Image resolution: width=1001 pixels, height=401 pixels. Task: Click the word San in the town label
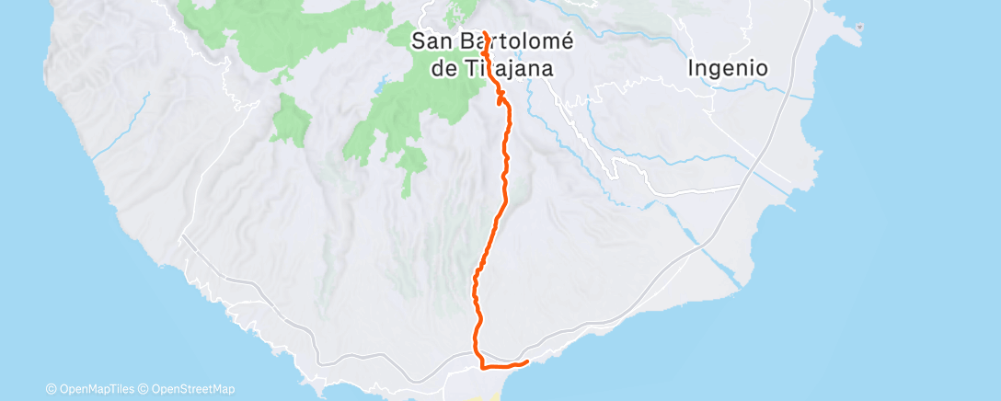[431, 40]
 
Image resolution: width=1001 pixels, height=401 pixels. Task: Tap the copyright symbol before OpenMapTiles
[51, 389]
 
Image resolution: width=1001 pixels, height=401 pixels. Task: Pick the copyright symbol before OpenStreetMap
[144, 389]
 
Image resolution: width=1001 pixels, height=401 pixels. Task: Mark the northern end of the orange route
[484, 32]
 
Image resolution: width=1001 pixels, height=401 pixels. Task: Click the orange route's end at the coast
[527, 361]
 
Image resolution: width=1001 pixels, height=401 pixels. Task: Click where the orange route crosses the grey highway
[477, 355]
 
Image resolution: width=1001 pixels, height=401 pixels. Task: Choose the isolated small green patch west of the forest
[290, 120]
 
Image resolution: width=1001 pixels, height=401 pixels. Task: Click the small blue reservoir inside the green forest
[380, 90]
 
